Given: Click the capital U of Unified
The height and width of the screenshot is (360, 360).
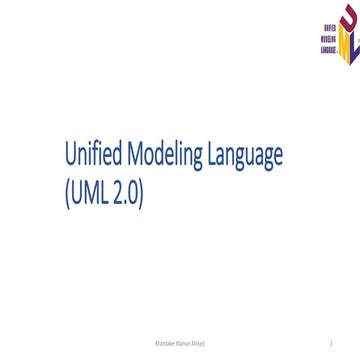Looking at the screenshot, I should (x=68, y=155).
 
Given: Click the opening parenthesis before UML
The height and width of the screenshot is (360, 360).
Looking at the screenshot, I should (x=65, y=191).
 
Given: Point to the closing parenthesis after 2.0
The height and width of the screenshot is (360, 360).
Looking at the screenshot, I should (x=142, y=191).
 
